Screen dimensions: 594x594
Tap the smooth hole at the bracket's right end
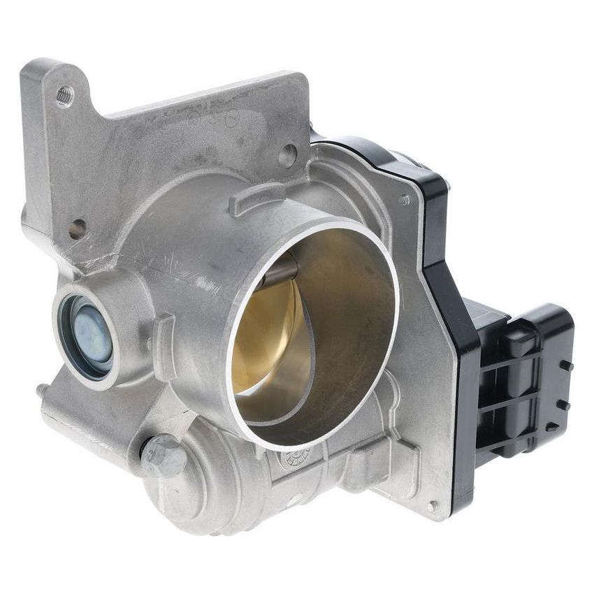287,155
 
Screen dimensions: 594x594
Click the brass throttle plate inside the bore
269,335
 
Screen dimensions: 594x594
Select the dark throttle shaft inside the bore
280,269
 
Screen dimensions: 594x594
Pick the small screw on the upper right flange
404,200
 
